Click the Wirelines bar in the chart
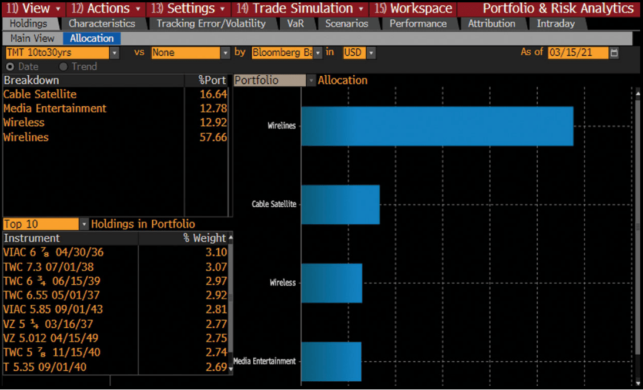click(437, 126)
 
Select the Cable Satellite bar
click(340, 204)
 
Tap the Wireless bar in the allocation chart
click(331, 283)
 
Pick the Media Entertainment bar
click(331, 361)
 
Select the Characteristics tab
click(102, 23)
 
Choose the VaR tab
click(296, 23)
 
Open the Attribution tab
click(491, 23)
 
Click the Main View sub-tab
click(32, 38)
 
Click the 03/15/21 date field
click(577, 52)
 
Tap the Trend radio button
click(63, 66)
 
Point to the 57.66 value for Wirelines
click(213, 137)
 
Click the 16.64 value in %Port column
click(213, 94)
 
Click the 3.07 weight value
click(216, 267)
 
